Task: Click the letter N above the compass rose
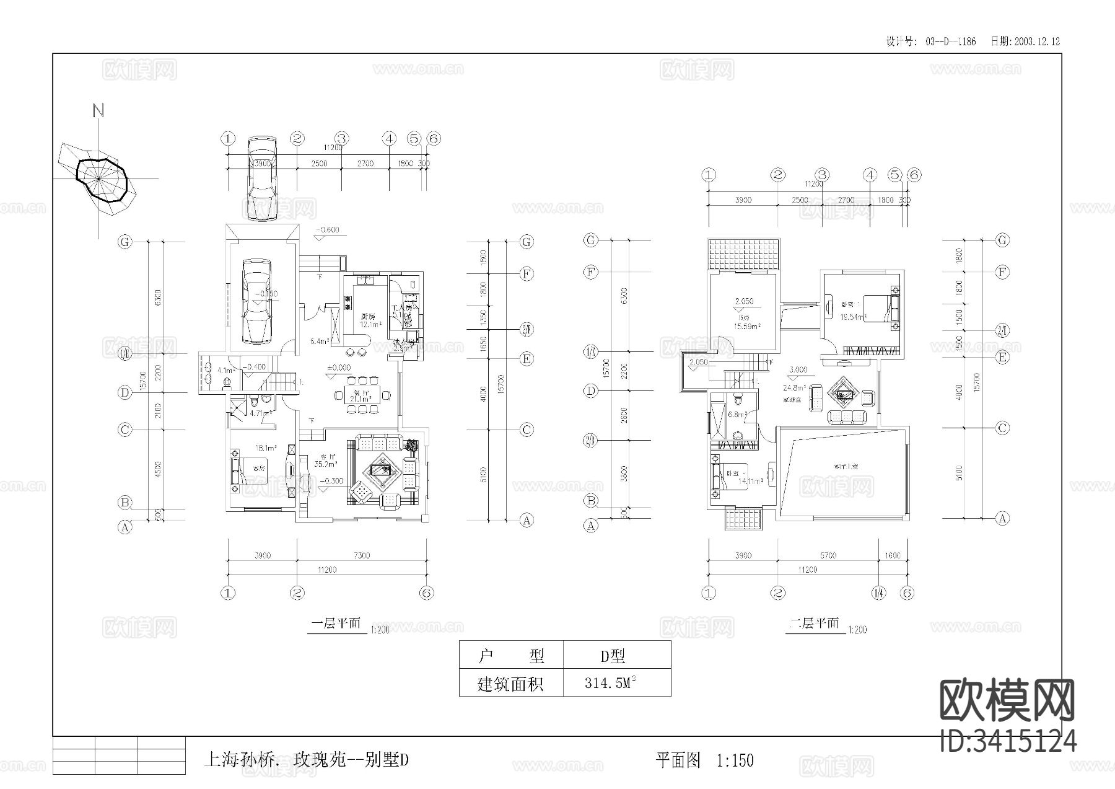coord(98,111)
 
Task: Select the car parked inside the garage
coord(256,301)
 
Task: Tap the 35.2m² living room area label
coord(325,463)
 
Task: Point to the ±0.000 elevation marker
coord(339,368)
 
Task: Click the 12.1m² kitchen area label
coord(370,324)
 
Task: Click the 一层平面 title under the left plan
coord(335,624)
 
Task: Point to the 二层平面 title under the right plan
coord(814,624)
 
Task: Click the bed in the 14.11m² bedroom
coord(731,477)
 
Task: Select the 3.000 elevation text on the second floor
coord(798,369)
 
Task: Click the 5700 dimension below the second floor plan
coord(828,555)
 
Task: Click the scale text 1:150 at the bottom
coord(735,760)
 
